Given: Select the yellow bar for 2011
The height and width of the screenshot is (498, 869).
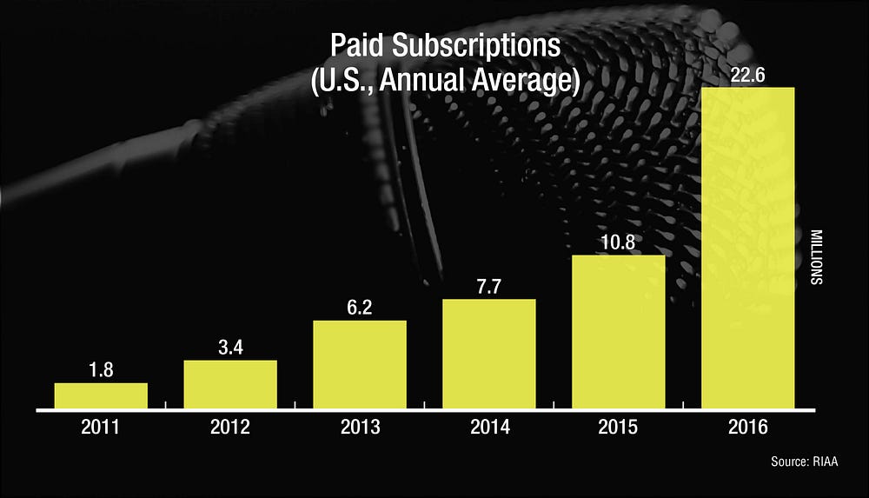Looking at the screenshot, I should [x=101, y=395].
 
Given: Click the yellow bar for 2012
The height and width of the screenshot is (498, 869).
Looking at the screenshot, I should [x=230, y=384].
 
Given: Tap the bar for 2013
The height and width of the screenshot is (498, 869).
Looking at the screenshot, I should [x=360, y=364].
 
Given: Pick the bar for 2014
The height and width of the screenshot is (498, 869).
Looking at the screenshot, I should [x=489, y=354].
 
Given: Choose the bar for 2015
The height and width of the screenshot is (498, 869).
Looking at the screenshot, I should [x=619, y=331].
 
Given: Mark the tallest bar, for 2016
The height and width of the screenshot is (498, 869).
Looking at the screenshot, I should [x=748, y=248].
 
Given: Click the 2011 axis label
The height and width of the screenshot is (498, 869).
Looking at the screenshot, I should [x=101, y=428].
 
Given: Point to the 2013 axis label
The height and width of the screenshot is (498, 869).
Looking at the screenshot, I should [x=360, y=428].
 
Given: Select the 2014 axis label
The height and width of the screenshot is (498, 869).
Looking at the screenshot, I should [x=489, y=428].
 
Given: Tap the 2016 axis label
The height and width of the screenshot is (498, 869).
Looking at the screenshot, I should [x=748, y=428].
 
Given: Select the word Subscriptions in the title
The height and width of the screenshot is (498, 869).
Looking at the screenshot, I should [x=490, y=48].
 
